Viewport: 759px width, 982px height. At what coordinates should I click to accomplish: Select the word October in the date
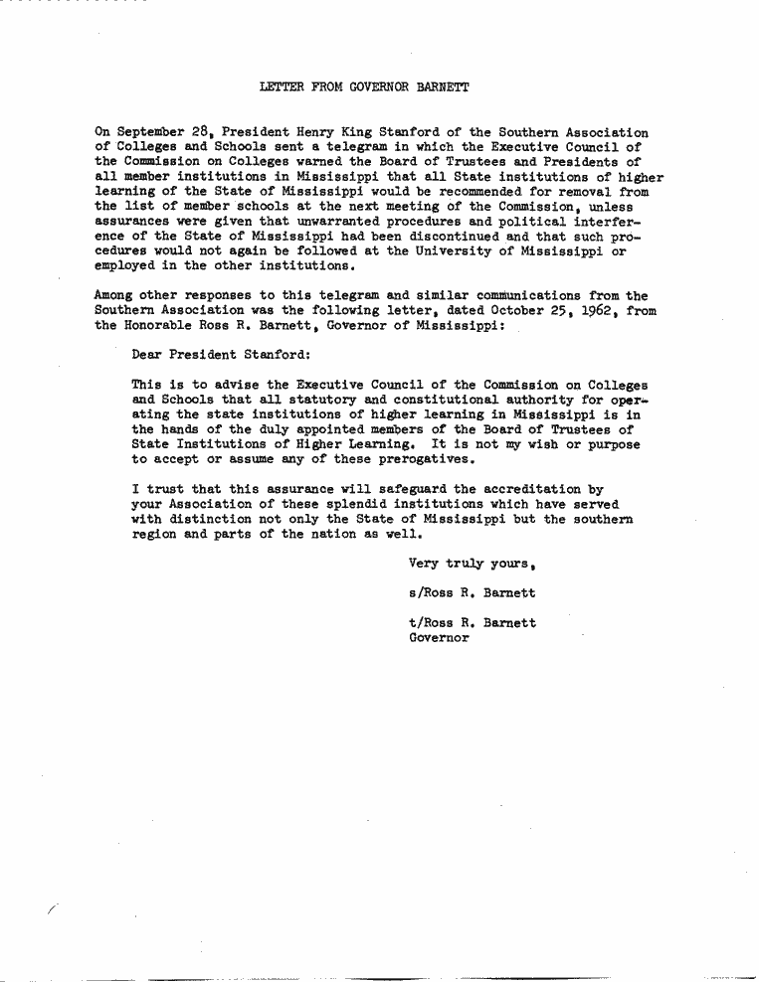(517, 310)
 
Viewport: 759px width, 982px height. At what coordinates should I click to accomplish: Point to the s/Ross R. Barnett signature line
(473, 593)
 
